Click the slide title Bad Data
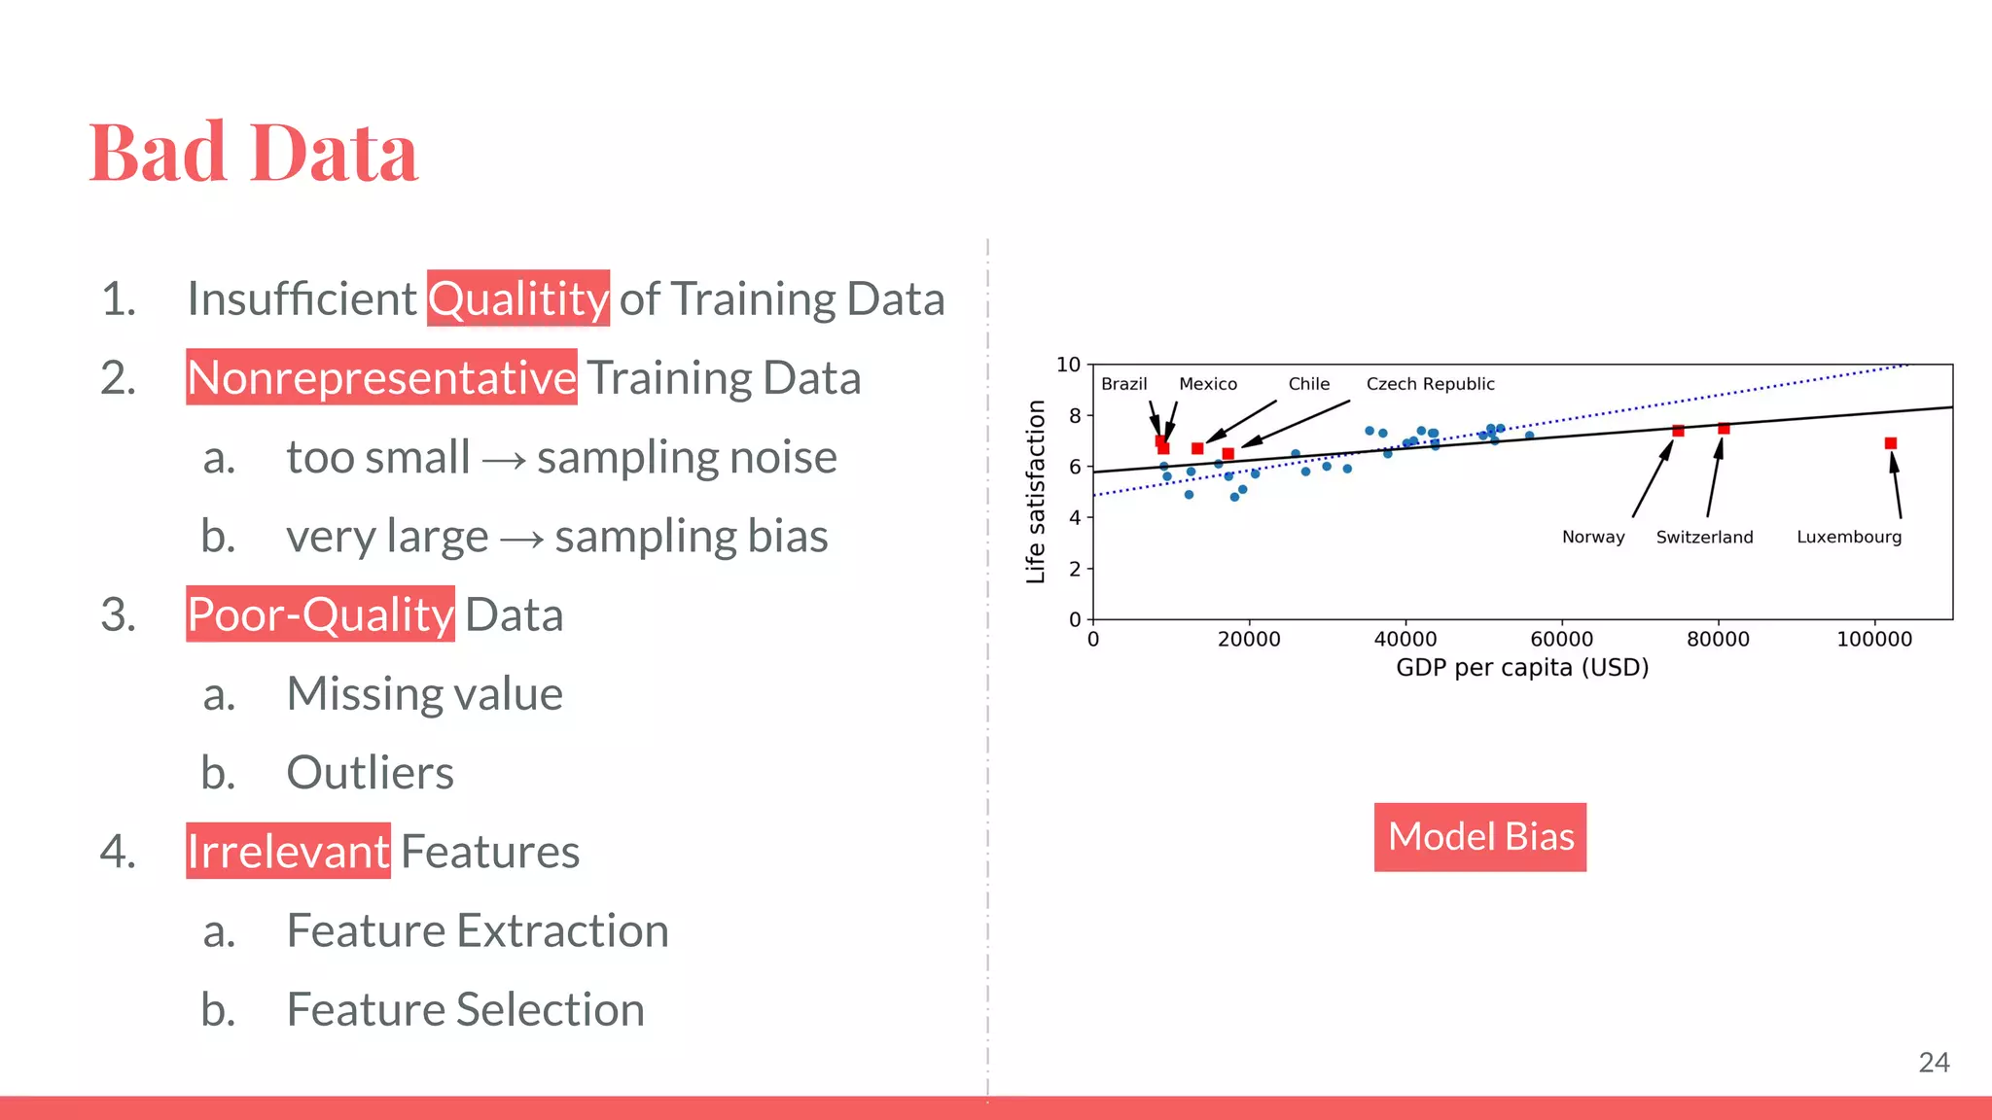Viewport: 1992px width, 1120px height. tap(253, 153)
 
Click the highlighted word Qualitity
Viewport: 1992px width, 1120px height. tap(518, 298)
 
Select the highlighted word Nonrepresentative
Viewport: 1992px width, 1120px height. tap(381, 377)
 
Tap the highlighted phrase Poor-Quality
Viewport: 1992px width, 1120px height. tap(320, 614)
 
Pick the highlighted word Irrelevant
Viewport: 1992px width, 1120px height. tap(288, 852)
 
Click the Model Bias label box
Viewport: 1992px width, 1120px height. tap(1479, 837)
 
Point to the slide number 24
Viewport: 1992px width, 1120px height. tap(1934, 1063)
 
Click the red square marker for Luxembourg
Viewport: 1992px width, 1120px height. tap(1891, 443)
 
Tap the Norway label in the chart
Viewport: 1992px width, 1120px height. tap(1593, 537)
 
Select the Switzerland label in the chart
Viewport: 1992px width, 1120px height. tap(1704, 537)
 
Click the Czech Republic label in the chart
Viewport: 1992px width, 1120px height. tap(1430, 384)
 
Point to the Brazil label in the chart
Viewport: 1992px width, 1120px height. tap(1123, 384)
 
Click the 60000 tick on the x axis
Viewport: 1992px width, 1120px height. tap(1561, 640)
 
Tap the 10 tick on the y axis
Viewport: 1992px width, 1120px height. tap(1068, 365)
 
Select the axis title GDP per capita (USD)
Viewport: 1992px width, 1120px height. tap(1522, 668)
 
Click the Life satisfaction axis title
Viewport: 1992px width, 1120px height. tap(1036, 492)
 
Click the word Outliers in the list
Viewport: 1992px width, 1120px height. tap(370, 773)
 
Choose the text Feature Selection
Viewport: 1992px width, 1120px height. tap(465, 1009)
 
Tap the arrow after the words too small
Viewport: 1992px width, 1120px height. tap(504, 459)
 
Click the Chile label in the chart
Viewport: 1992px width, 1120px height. tap(1308, 384)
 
